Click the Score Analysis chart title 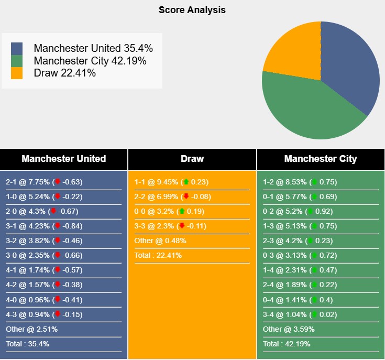pyautogui.click(x=192, y=10)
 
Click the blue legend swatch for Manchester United pyautogui.click(x=17, y=49)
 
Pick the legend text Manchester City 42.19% pyautogui.click(x=90, y=61)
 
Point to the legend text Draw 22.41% pyautogui.click(x=64, y=73)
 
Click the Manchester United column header pyautogui.click(x=64, y=159)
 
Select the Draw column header pyautogui.click(x=192, y=159)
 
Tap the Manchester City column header pyautogui.click(x=321, y=159)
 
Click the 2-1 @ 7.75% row pyautogui.click(x=45, y=182)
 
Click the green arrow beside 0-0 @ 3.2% pyautogui.click(x=181, y=211)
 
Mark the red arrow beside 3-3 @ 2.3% pyautogui.click(x=181, y=226)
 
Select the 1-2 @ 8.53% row pyautogui.click(x=300, y=182)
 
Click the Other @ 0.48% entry pyautogui.click(x=160, y=241)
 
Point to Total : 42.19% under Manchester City pyautogui.click(x=287, y=344)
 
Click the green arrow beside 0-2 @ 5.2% pyautogui.click(x=310, y=211)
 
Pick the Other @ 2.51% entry pyautogui.click(x=32, y=329)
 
